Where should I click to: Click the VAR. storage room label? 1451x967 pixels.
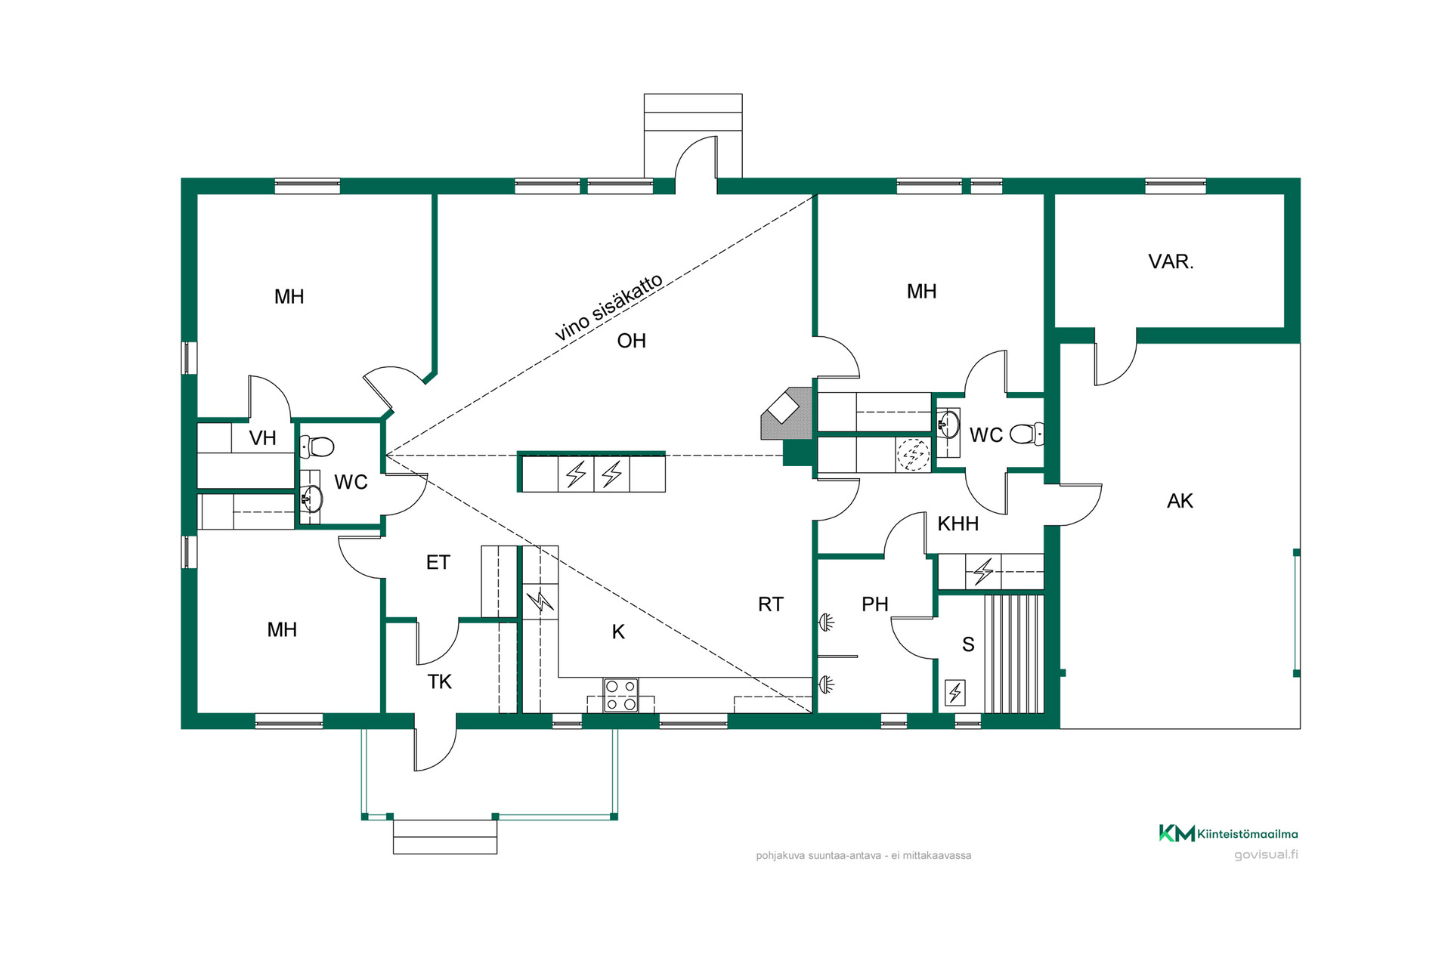coord(1171,261)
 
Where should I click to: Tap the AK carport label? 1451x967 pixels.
coord(1180,501)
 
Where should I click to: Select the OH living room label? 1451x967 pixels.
coord(631,341)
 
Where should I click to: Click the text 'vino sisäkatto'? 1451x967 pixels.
coord(609,307)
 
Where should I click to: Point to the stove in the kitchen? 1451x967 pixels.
coord(620,695)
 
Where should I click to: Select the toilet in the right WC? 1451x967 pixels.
coord(1027,434)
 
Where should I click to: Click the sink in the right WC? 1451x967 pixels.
coord(948,425)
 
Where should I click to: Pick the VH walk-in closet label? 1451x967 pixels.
coord(262,438)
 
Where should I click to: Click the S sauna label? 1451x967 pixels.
coord(968,644)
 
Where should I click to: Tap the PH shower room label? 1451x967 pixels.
coord(874,604)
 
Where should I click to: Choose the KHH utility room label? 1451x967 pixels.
coord(958,524)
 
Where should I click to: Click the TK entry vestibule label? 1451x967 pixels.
coord(439,681)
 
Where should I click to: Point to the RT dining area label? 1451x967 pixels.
coord(770,604)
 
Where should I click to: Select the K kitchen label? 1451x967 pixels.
coord(618,632)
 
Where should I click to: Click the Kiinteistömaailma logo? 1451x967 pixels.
coord(1228,833)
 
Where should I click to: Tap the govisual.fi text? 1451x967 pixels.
coord(1266,854)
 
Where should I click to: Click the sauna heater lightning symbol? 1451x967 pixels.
coord(955,693)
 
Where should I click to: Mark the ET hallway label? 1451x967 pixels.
coord(438,562)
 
